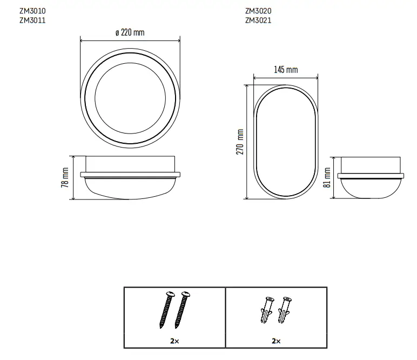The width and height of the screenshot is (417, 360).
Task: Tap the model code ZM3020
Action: tap(258, 10)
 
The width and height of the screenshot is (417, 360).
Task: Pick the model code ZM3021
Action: tap(258, 21)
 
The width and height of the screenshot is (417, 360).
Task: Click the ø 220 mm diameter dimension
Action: tap(130, 32)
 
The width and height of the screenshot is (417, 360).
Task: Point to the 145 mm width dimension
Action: tap(285, 70)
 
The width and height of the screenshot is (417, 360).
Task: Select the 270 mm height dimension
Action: tap(240, 142)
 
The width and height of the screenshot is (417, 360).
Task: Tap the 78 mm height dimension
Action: tap(65, 177)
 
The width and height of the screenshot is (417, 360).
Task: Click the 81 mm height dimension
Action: tap(327, 177)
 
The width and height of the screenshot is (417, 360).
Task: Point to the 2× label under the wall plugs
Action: tap(276, 341)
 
